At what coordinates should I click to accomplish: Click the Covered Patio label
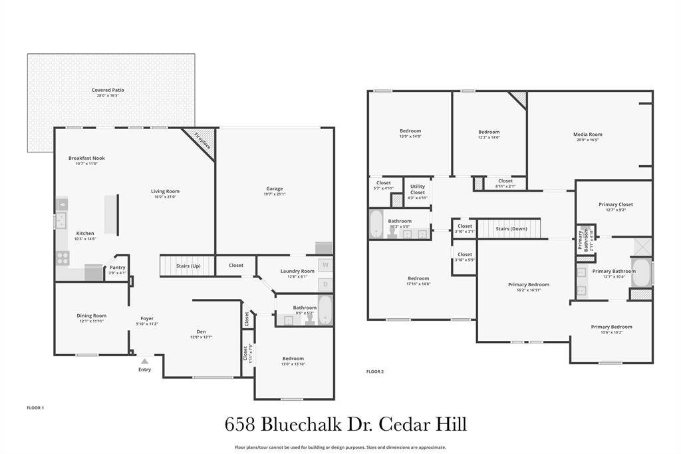[108, 90]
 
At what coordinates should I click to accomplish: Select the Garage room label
[275, 188]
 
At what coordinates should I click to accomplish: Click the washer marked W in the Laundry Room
[325, 265]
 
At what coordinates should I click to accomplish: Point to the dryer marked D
[325, 284]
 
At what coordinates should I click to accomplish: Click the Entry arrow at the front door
[144, 361]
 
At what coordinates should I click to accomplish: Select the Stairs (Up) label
[188, 266]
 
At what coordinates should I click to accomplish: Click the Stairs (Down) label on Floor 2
[511, 228]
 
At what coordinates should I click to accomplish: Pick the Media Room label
[587, 134]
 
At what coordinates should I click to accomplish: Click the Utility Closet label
[418, 190]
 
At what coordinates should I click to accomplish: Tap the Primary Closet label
[616, 204]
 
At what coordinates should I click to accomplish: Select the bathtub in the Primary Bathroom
[641, 273]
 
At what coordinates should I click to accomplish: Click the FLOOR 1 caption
[35, 407]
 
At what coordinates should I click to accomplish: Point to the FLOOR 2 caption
[375, 371]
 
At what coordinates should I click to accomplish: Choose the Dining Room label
[91, 316]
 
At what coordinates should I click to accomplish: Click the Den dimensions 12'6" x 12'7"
[201, 338]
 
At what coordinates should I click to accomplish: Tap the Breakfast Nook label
[86, 158]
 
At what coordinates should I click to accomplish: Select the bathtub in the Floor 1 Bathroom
[325, 310]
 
